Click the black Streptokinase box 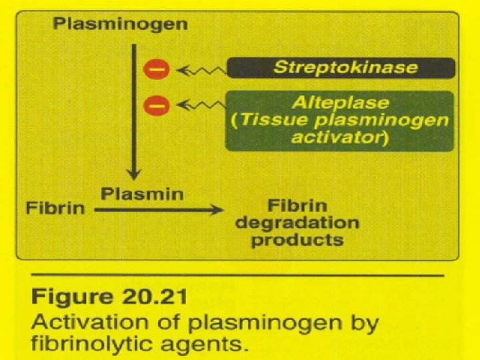point(341,67)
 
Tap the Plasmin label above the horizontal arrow point(134,194)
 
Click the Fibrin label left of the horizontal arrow point(56,208)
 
